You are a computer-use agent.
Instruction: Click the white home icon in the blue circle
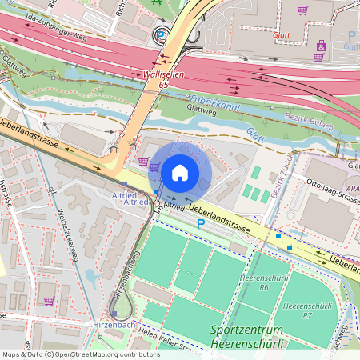tap(180, 172)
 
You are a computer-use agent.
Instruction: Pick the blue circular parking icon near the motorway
tap(161, 35)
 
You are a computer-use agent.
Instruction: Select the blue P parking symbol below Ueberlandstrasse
tap(201, 225)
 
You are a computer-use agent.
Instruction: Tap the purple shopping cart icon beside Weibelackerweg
tap(49, 301)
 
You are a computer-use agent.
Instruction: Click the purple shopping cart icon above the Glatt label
tap(302, 10)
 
